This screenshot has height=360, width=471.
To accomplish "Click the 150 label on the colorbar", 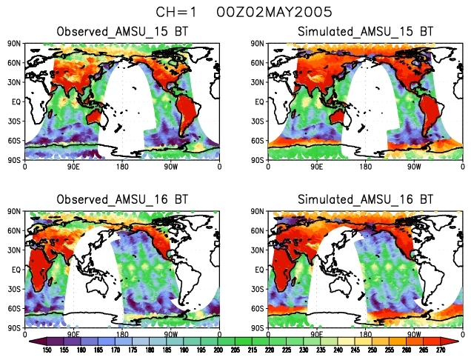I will click(46, 350).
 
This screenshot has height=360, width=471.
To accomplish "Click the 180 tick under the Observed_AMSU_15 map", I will click(122, 167).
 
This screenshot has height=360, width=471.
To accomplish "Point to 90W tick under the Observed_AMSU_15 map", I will click(171, 167).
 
